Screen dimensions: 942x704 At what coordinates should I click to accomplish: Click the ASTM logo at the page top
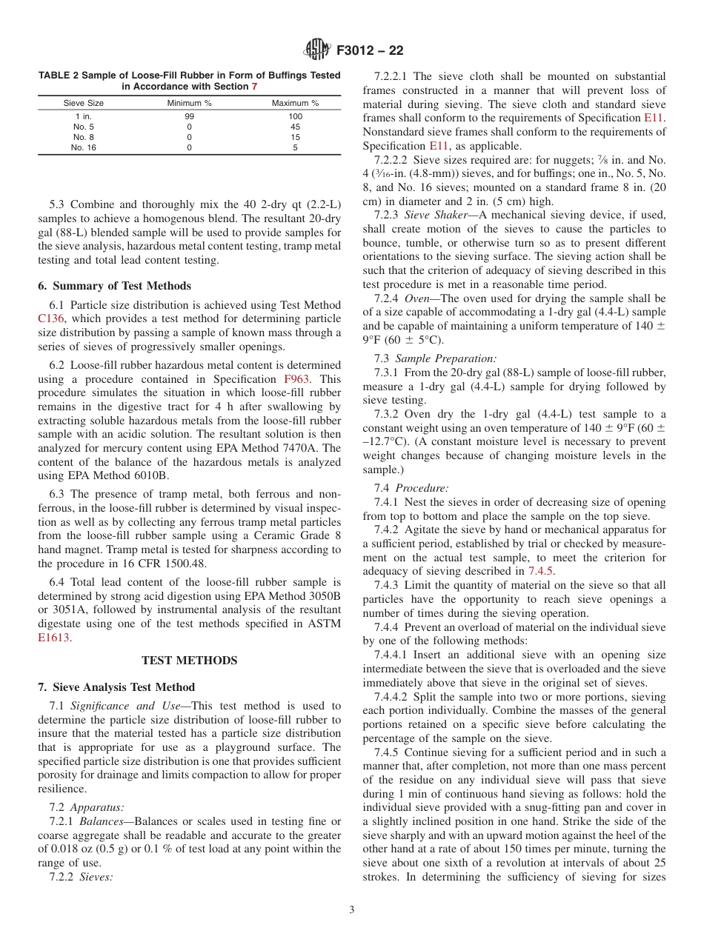tap(317, 51)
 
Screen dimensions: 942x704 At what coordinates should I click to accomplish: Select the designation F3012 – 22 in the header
tap(370, 51)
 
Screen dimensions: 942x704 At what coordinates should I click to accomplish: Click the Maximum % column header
tap(295, 103)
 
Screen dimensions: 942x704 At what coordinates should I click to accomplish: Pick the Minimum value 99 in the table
tap(189, 116)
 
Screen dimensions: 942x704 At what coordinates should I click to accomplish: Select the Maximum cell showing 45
tap(295, 127)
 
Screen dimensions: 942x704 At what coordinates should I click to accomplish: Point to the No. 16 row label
tap(84, 147)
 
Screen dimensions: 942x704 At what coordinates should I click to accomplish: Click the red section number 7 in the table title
tap(254, 86)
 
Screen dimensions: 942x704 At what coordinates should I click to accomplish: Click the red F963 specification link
tap(296, 379)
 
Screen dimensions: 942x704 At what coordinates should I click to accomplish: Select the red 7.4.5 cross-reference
tap(541, 571)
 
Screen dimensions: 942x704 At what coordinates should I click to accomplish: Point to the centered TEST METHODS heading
tap(189, 661)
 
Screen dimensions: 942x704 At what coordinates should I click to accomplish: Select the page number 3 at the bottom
tap(352, 910)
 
